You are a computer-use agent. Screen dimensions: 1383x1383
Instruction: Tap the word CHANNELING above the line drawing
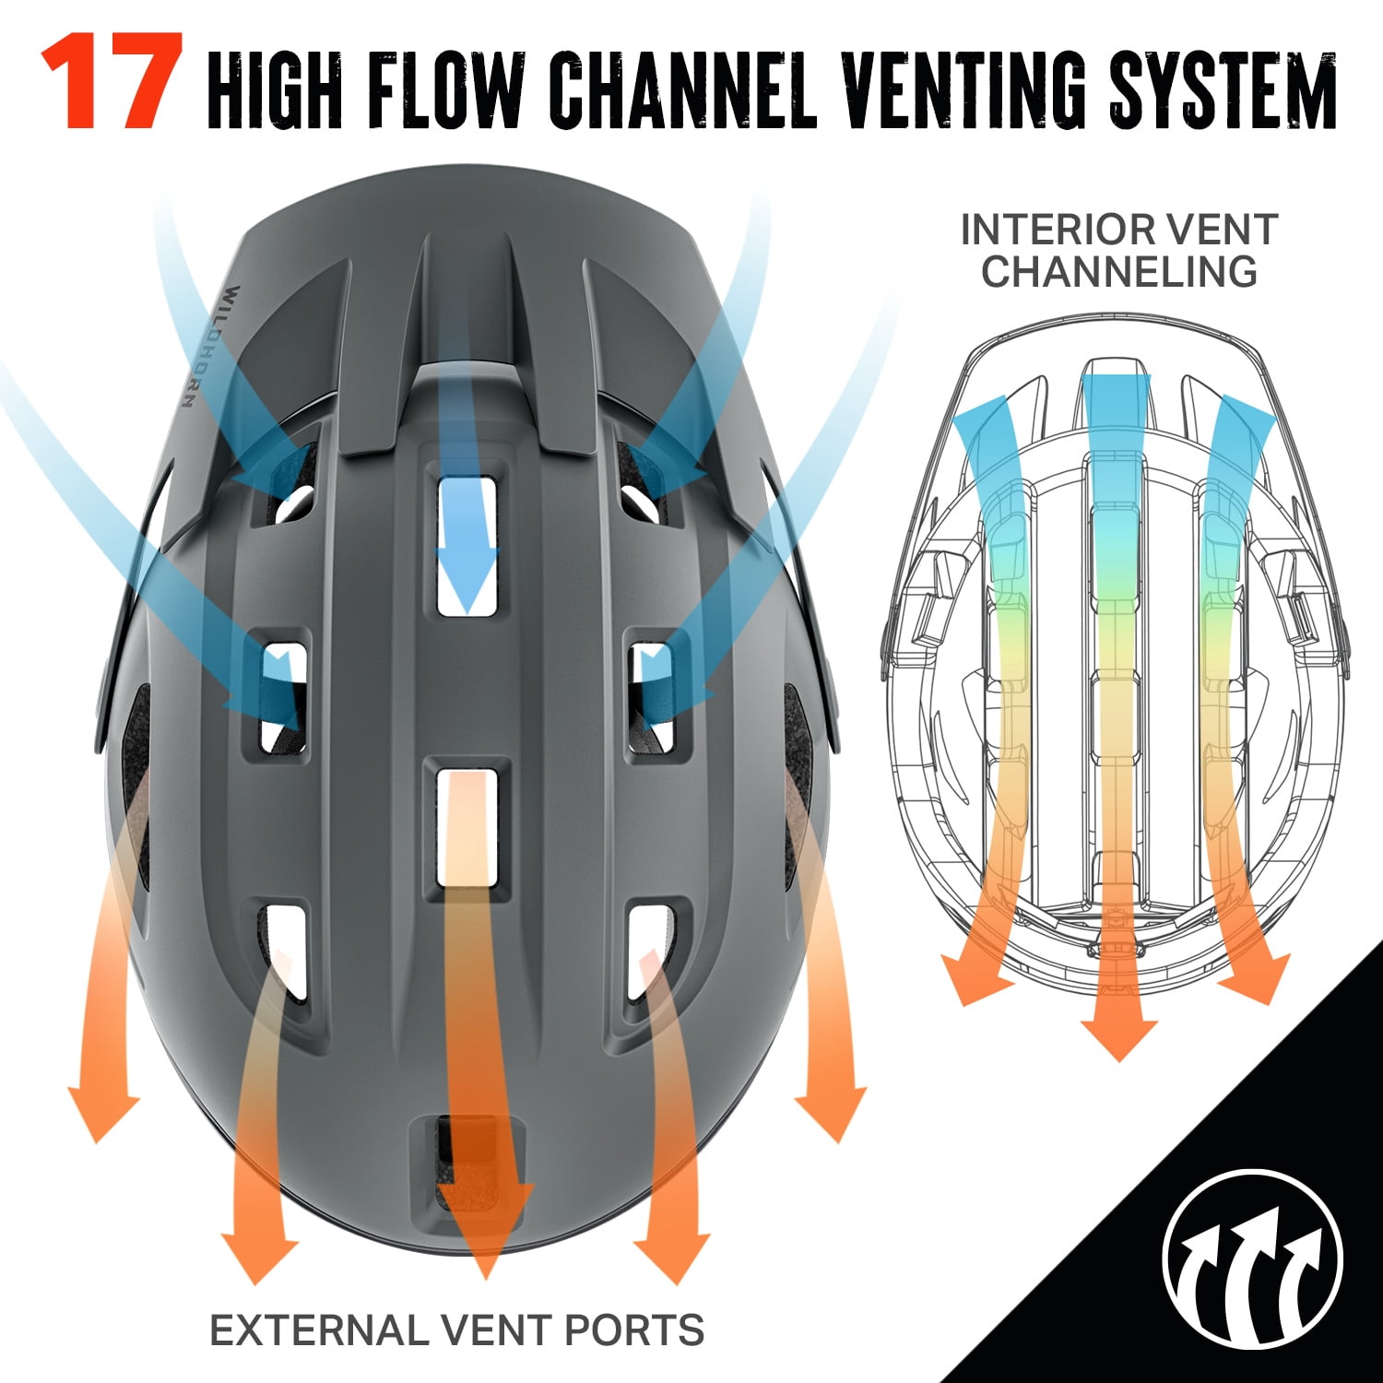click(x=1118, y=271)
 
